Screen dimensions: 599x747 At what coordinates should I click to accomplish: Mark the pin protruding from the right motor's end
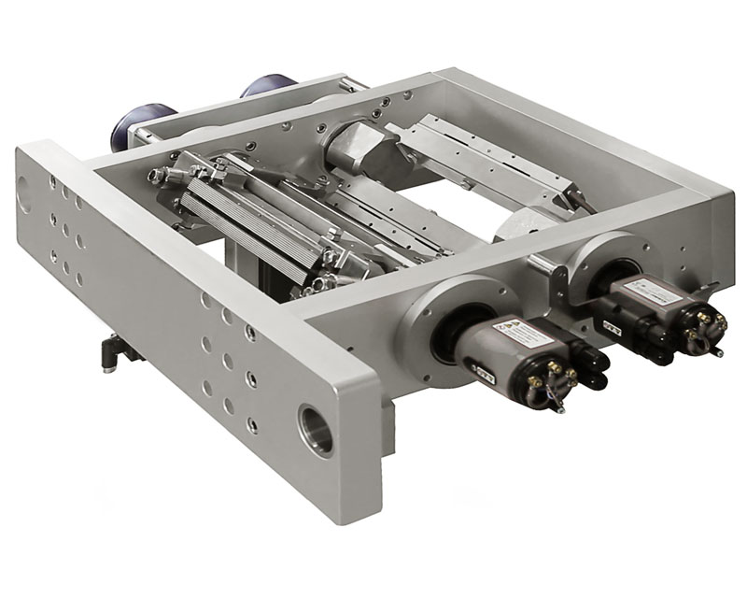click(716, 353)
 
